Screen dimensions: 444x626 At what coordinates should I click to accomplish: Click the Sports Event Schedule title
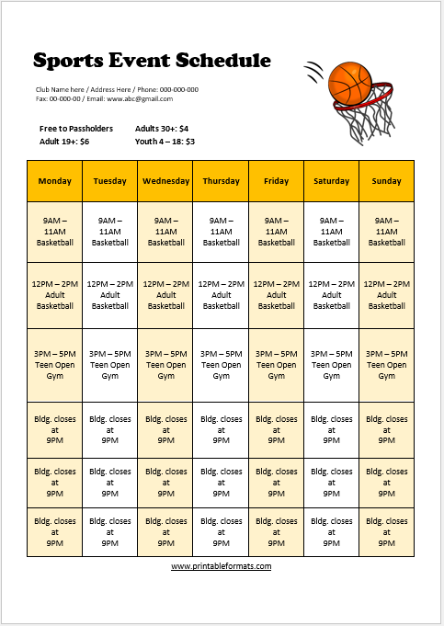tap(152, 61)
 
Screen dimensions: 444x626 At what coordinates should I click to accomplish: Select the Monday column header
tap(54, 181)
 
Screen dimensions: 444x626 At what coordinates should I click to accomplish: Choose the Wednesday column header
tap(165, 181)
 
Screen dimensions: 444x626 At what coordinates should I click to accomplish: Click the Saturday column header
tap(331, 181)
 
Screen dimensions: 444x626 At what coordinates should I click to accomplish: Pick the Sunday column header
tap(386, 181)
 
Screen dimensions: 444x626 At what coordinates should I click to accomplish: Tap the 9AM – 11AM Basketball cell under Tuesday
tap(109, 232)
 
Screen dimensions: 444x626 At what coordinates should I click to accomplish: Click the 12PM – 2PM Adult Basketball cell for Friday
tap(276, 295)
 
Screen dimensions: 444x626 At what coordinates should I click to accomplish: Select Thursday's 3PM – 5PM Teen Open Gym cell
tap(221, 364)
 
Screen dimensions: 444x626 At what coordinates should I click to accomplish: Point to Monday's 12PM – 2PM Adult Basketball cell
tap(54, 295)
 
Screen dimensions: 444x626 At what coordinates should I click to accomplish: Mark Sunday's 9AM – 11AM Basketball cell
tap(386, 232)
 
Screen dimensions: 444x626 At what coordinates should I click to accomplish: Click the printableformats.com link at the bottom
tap(221, 566)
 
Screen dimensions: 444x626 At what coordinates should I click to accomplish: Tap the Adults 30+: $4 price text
tap(162, 129)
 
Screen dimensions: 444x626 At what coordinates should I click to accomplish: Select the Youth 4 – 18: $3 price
tap(165, 142)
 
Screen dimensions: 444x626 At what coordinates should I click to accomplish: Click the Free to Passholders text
tap(76, 129)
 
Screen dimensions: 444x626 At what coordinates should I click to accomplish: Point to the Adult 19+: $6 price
tap(64, 142)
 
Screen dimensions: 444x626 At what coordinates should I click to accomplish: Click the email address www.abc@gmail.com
tap(139, 98)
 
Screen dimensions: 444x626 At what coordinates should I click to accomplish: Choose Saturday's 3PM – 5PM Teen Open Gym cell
tap(331, 364)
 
